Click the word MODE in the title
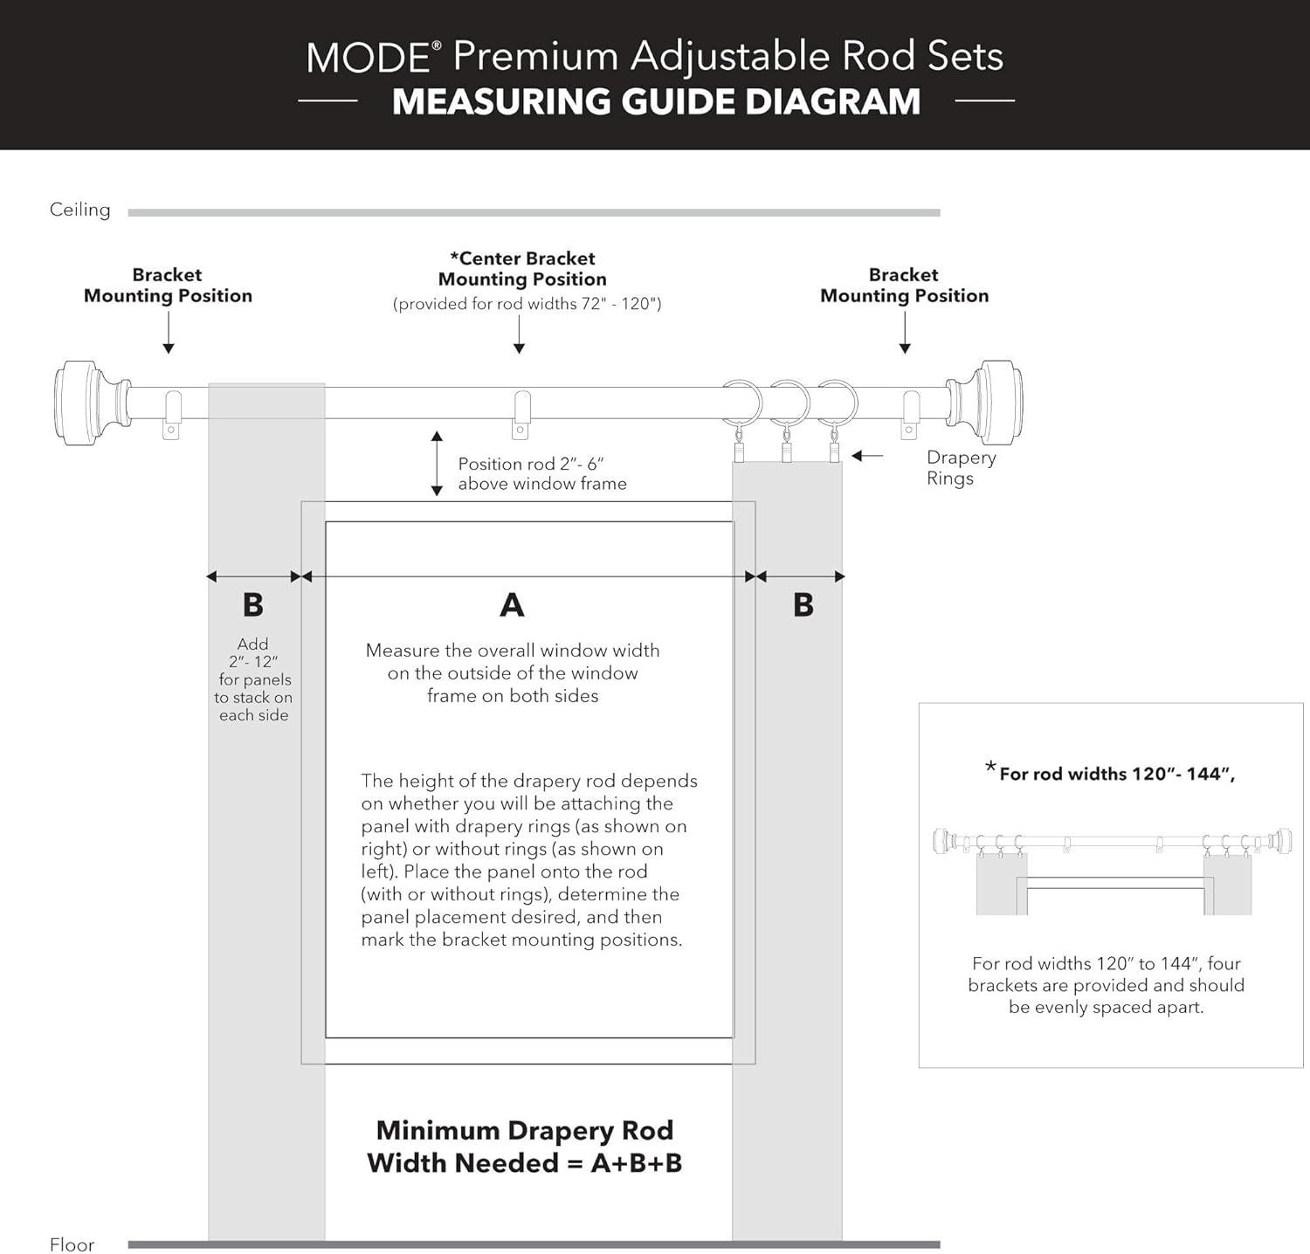pyautogui.click(x=367, y=58)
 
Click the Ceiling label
pyautogui.click(x=80, y=210)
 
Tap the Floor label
pyautogui.click(x=72, y=1244)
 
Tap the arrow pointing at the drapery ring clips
pyautogui.click(x=867, y=456)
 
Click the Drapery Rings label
pyautogui.click(x=960, y=467)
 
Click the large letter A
pyautogui.click(x=512, y=604)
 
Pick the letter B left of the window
pyautogui.click(x=252, y=604)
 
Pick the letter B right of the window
pyautogui.click(x=803, y=604)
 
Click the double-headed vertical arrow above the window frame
pyautogui.click(x=437, y=463)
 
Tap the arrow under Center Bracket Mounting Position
pyautogui.click(x=519, y=334)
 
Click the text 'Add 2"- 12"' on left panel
pyautogui.click(x=253, y=652)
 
